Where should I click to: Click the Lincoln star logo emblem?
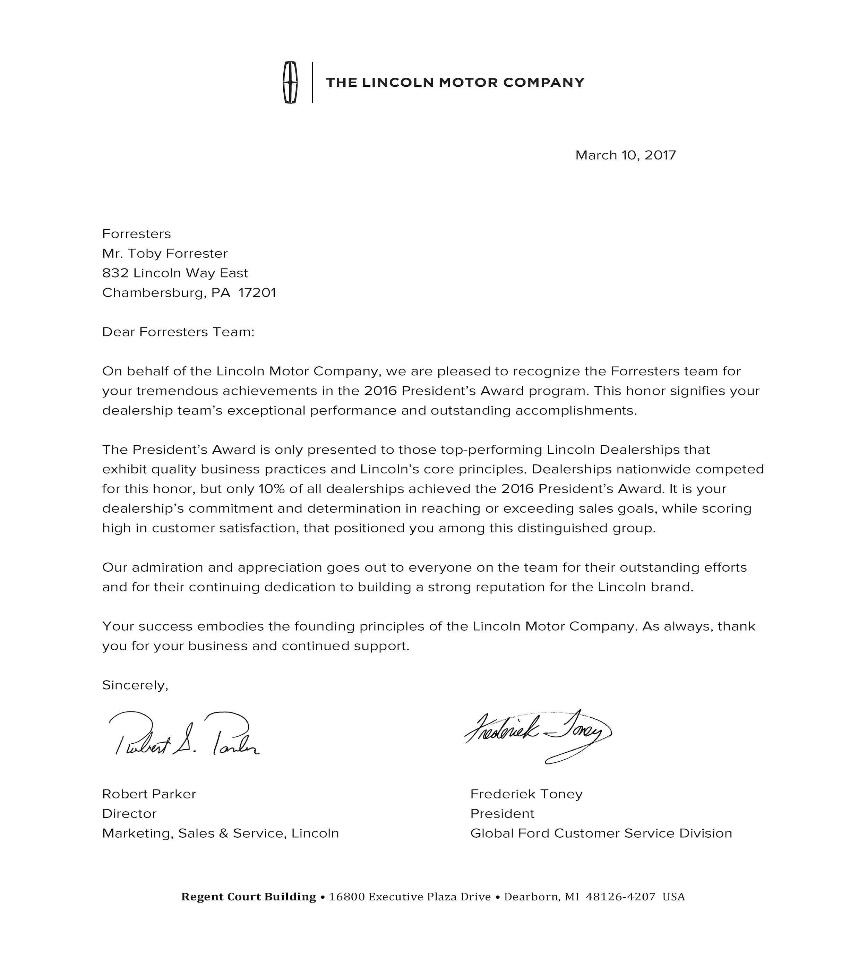coord(290,83)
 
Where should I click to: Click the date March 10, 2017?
coord(626,155)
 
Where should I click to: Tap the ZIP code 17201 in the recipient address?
coord(257,292)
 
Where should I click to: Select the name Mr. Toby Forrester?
coord(165,254)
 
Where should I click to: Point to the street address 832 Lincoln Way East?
coord(175,273)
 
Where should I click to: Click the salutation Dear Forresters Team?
coord(178,332)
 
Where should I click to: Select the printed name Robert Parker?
coord(149,794)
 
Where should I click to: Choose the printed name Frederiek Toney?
coord(526,794)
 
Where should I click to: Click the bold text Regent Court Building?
coord(249,897)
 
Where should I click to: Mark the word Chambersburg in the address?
coord(153,292)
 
